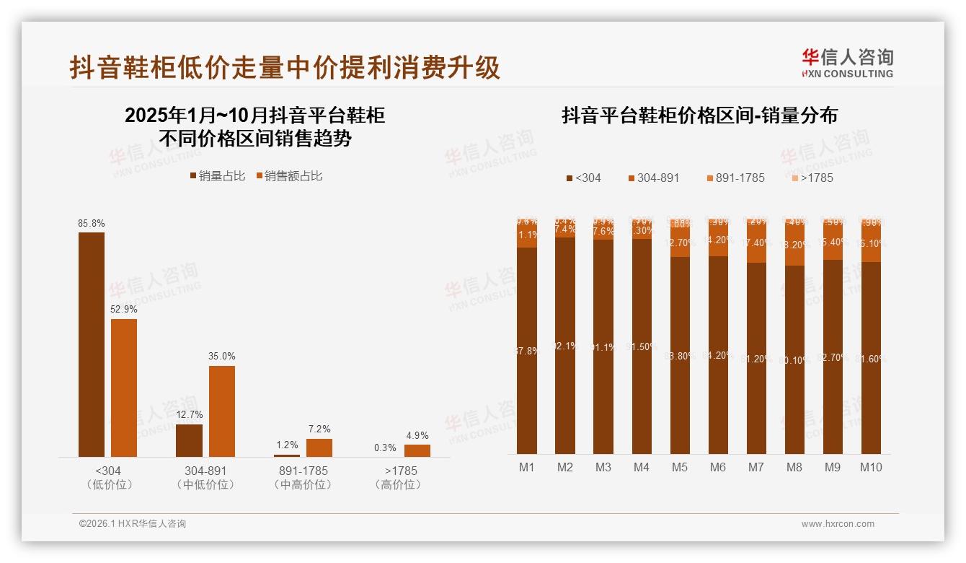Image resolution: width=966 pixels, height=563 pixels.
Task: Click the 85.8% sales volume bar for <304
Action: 92,344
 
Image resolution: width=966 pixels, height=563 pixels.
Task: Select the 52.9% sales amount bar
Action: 124,388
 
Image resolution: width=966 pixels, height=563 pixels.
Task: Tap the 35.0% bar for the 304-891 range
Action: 222,411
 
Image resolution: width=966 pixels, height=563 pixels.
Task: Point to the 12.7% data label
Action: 189,415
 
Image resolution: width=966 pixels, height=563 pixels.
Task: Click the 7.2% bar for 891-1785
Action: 319,448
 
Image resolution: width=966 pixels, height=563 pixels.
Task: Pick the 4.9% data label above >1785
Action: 417,435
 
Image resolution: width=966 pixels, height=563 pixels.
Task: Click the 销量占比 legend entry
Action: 217,175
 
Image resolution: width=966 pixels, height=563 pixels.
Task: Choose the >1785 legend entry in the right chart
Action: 812,178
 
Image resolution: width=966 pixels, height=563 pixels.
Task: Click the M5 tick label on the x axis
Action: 679,467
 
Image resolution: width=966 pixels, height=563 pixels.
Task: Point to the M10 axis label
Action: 871,467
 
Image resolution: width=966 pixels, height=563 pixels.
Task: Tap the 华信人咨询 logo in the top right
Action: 848,64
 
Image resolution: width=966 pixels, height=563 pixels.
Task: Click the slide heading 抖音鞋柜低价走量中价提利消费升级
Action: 285,68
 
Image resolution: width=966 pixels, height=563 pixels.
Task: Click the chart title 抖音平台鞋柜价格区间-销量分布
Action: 699,115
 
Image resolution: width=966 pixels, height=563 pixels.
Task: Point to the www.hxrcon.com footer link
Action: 838,524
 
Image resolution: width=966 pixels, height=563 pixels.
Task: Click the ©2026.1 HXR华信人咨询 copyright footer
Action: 132,524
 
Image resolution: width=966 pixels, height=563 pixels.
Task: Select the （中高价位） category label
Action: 303,485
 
